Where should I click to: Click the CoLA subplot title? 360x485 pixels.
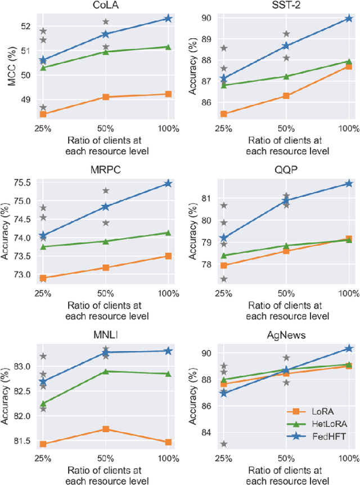pos(105,6)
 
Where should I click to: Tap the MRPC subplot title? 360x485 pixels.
pos(105,170)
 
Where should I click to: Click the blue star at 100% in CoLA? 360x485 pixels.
pos(168,19)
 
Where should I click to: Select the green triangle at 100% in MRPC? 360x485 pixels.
pos(168,233)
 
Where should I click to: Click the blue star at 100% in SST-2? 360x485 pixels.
pos(349,19)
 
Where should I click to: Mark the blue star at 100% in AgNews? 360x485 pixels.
pos(349,349)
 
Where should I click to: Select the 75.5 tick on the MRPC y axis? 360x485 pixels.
pos(21,182)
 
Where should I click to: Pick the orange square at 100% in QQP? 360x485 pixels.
pos(349,239)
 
